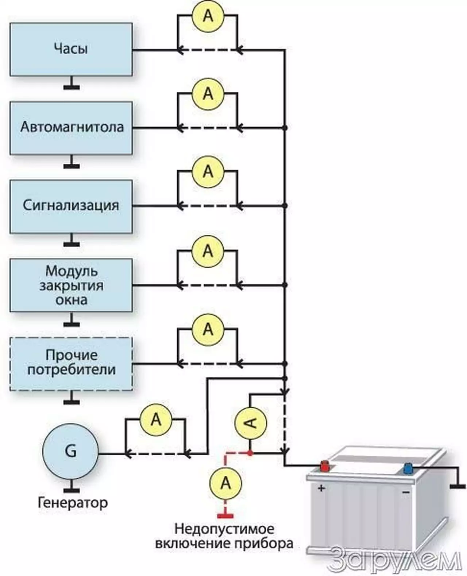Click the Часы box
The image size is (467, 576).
[x=71, y=49]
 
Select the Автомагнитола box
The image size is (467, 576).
[x=71, y=128]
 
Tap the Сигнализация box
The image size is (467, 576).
[x=71, y=206]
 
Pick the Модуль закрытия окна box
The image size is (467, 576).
[x=71, y=285]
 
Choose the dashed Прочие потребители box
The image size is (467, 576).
[x=71, y=364]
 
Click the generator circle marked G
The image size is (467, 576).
[x=70, y=451]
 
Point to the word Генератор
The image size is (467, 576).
[x=73, y=503]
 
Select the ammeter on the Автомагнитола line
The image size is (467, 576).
[x=208, y=93]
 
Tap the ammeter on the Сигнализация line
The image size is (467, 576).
[x=208, y=171]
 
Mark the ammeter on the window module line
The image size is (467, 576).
[x=208, y=250]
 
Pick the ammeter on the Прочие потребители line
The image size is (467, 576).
[x=208, y=329]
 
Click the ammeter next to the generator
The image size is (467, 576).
[x=156, y=419]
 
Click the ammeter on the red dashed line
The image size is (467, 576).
[x=226, y=483]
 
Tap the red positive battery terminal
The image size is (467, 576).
[x=324, y=466]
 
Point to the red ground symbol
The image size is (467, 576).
[x=225, y=515]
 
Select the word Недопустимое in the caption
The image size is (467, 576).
[x=224, y=529]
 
